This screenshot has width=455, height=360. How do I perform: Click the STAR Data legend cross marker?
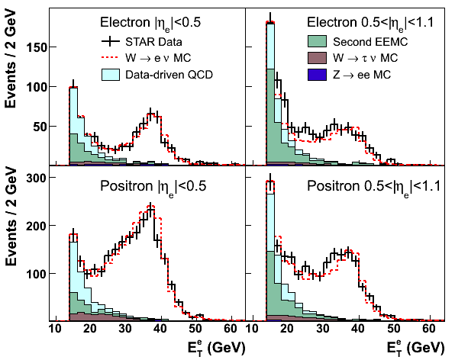coord(111,41)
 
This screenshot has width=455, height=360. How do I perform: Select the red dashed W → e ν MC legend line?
coord(111,58)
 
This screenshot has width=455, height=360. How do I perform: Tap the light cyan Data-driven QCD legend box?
coord(111,75)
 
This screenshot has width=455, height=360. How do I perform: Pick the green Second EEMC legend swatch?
coord(317,41)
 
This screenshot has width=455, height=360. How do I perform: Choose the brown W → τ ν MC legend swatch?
coord(317,58)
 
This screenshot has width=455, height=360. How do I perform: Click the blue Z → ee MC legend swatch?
coord(317,75)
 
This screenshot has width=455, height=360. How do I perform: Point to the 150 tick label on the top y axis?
coord(37,47)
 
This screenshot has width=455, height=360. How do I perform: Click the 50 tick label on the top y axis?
coord(40,127)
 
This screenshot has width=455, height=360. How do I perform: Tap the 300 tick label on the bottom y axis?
coord(37,178)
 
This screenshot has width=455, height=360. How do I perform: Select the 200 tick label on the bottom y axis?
coord(37,226)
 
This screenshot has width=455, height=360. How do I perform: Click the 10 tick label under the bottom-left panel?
coord(55,329)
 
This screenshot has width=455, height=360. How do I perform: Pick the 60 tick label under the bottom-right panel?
coord(428,329)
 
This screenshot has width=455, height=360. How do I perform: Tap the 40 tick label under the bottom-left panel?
coord(160,329)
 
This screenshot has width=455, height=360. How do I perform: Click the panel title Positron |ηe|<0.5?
coord(153,187)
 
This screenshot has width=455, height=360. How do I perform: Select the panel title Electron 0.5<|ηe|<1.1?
coord(370,23)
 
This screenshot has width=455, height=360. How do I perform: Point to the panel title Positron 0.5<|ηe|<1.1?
coord(374,187)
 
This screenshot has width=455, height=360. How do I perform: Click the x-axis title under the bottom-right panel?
coord(415,348)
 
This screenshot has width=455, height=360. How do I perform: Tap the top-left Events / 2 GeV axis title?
coord(11,59)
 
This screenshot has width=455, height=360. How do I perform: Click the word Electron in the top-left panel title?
coord(125,22)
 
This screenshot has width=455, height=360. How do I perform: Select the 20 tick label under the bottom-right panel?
coord(287,329)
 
